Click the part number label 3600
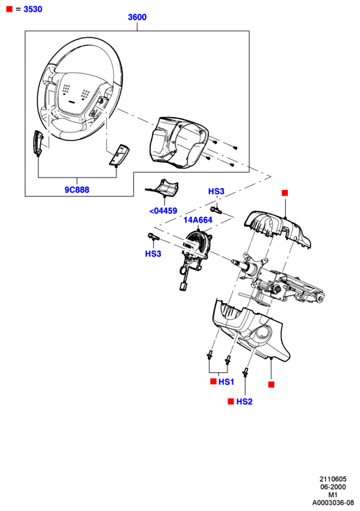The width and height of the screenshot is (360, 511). click(x=137, y=17)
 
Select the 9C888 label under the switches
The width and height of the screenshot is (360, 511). click(x=77, y=190)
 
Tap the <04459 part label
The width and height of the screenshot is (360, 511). click(x=163, y=211)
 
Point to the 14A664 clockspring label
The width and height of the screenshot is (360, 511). click(x=198, y=220)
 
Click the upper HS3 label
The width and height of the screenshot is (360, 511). click(x=216, y=191)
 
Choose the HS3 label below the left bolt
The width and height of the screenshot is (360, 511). click(x=153, y=254)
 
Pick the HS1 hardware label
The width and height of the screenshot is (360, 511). click(x=226, y=381)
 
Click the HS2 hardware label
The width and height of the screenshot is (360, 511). click(x=244, y=401)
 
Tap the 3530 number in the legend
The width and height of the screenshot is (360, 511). click(x=33, y=9)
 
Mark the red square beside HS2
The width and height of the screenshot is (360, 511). click(x=231, y=401)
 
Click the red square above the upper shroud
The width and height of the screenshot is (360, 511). click(x=284, y=193)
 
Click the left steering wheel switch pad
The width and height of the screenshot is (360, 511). click(x=38, y=144)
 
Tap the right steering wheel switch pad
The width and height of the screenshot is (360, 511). click(x=119, y=155)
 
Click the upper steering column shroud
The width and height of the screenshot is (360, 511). click(x=277, y=228)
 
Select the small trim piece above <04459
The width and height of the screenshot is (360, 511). click(x=162, y=188)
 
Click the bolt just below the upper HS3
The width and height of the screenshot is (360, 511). click(x=216, y=210)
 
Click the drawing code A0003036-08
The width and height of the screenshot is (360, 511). click(x=333, y=503)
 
